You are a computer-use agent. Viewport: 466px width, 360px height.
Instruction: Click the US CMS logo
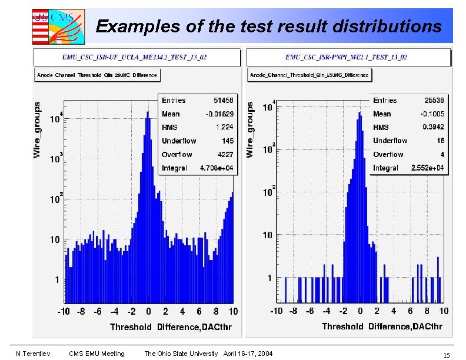58,26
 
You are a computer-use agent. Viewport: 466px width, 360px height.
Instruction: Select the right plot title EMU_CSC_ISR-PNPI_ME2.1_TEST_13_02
346,57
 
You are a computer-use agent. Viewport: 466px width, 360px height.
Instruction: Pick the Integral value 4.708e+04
217,168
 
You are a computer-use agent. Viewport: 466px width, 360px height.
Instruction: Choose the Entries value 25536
432,101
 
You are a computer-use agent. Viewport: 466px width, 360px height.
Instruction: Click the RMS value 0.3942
432,127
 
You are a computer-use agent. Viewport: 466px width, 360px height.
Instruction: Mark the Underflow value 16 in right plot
440,141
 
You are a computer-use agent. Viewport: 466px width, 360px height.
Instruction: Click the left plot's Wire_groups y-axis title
38,129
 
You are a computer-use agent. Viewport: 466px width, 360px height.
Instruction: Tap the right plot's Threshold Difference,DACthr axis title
382,326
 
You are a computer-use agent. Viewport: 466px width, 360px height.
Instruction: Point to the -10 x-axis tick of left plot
64,311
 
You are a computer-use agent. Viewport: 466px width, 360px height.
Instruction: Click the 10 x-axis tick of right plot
443,311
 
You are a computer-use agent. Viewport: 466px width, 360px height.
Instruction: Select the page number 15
447,355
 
